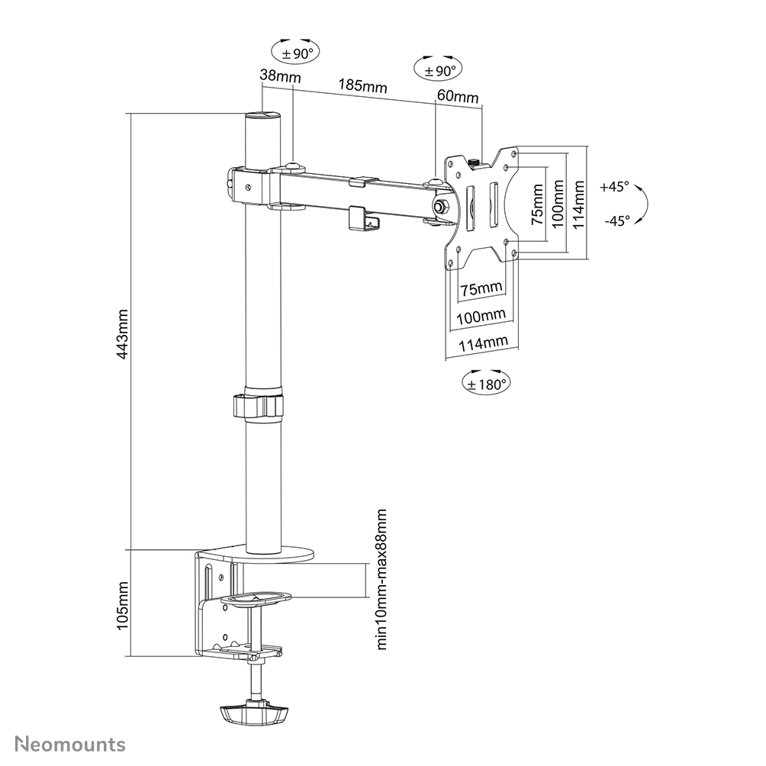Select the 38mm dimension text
coord(279,76)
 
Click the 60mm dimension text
coord(457,97)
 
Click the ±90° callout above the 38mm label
coord(294,53)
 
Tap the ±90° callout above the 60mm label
coord(437,69)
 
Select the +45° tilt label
coord(614,186)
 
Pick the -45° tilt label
coord(616,220)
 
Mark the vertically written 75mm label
coord(538,204)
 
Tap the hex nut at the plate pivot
coord(441,205)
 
